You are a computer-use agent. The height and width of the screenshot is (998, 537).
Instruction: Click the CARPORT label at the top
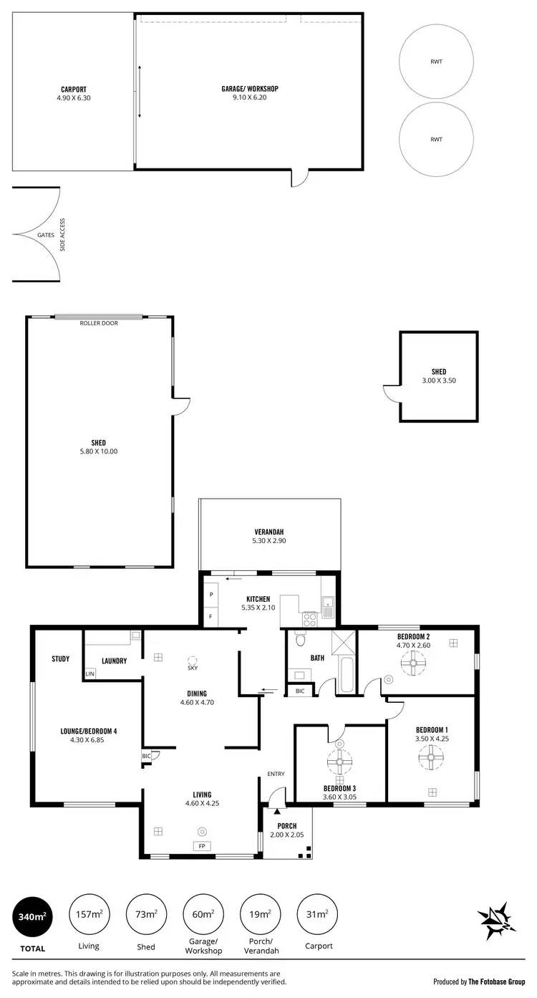click(x=74, y=90)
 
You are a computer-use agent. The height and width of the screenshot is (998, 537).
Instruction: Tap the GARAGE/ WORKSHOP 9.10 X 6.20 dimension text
click(x=249, y=97)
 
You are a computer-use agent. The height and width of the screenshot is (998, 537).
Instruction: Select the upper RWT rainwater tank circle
click(x=435, y=62)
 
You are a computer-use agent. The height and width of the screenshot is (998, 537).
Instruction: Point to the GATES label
click(x=45, y=235)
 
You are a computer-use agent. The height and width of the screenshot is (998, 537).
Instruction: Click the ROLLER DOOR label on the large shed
click(x=99, y=323)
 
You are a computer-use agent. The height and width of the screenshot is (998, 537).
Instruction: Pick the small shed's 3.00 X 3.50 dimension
click(x=439, y=380)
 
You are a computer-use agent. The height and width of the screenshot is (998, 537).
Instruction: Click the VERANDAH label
click(x=268, y=532)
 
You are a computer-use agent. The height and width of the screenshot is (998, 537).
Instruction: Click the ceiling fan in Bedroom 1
click(x=432, y=757)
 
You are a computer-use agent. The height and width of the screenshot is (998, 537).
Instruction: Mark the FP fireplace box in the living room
click(x=202, y=846)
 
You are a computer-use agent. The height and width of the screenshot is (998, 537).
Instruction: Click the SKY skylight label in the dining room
click(x=192, y=668)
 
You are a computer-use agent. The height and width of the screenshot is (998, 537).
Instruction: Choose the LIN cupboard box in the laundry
click(x=90, y=674)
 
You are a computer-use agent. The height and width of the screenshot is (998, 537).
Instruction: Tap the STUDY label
click(x=60, y=658)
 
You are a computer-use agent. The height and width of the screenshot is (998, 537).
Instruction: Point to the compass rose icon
click(x=497, y=921)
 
